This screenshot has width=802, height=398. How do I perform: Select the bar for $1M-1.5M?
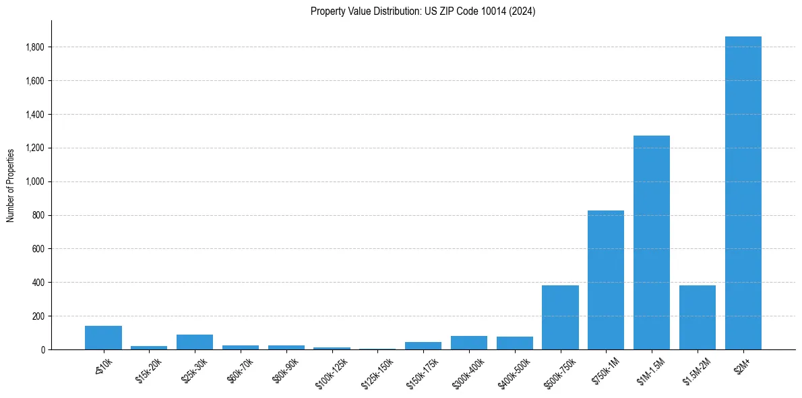[652, 243]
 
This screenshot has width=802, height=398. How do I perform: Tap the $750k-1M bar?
[606, 280]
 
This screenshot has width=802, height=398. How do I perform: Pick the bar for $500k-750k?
[560, 318]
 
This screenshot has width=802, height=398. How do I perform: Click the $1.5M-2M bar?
[698, 318]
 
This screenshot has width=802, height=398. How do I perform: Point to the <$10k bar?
[103, 338]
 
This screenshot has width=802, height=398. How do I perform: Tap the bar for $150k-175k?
[423, 346]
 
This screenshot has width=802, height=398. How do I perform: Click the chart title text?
[423, 11]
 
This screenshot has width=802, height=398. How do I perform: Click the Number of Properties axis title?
[11, 186]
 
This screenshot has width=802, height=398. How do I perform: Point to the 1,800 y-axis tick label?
[35, 47]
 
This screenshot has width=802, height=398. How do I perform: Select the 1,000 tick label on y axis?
[35, 181]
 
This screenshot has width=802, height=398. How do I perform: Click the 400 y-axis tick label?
[38, 283]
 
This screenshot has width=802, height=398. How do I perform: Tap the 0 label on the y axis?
[42, 349]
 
